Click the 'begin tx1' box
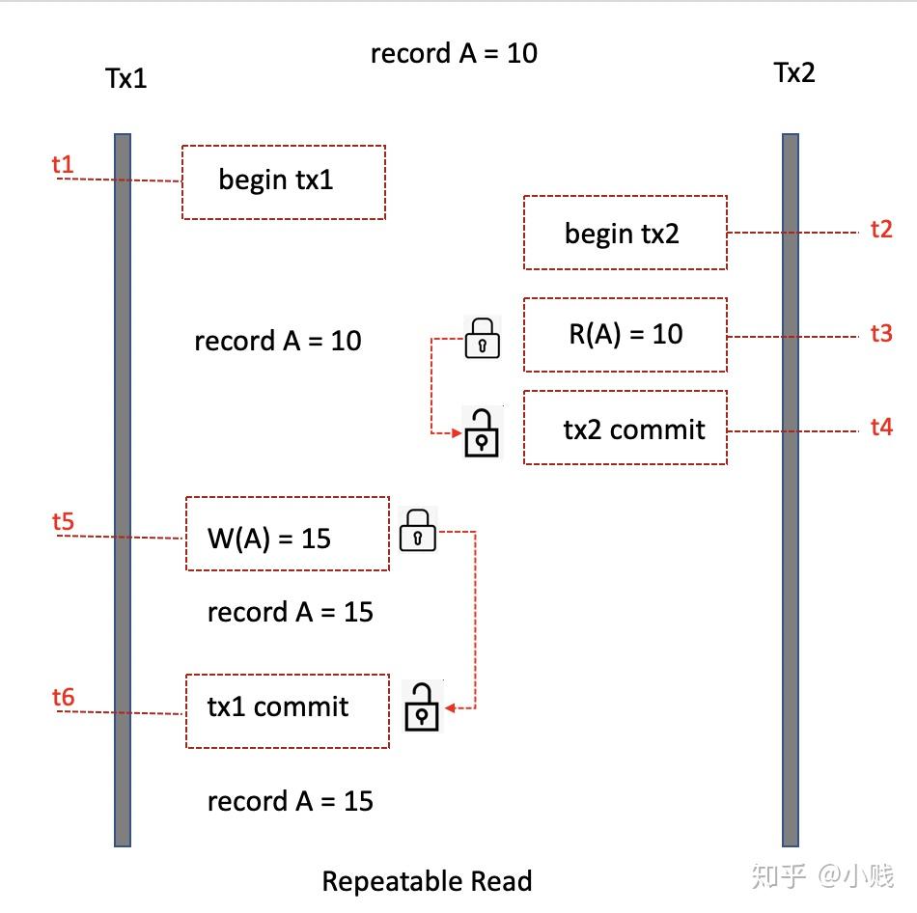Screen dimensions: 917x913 pyautogui.click(x=284, y=181)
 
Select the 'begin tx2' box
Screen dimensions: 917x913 pyautogui.click(x=625, y=233)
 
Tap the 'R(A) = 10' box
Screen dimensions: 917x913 pyautogui.click(x=625, y=335)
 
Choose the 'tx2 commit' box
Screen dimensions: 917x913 pyautogui.click(x=625, y=428)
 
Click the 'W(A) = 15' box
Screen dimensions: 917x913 pyautogui.click(x=288, y=534)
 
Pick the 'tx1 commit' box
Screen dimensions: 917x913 pyautogui.click(x=288, y=710)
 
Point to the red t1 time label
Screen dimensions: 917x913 pyautogui.click(x=63, y=164)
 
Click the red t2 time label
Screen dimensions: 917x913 pyautogui.click(x=881, y=229)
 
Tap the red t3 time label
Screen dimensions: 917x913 pyautogui.click(x=881, y=333)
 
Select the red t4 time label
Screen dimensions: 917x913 pyautogui.click(x=881, y=427)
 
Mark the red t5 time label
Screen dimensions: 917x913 pyautogui.click(x=63, y=521)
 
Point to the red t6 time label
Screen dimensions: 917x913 pyautogui.click(x=63, y=697)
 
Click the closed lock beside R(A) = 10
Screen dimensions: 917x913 pyautogui.click(x=483, y=338)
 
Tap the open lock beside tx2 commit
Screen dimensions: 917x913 pyautogui.click(x=482, y=432)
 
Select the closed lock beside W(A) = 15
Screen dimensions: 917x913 pyautogui.click(x=418, y=530)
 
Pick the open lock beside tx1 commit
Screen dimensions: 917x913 pyautogui.click(x=422, y=706)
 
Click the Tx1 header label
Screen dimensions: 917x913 pyautogui.click(x=125, y=78)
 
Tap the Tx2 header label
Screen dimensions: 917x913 pyautogui.click(x=794, y=72)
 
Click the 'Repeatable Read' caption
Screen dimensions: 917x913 pyautogui.click(x=427, y=881)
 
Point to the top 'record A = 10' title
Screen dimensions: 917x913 pyautogui.click(x=454, y=53)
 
